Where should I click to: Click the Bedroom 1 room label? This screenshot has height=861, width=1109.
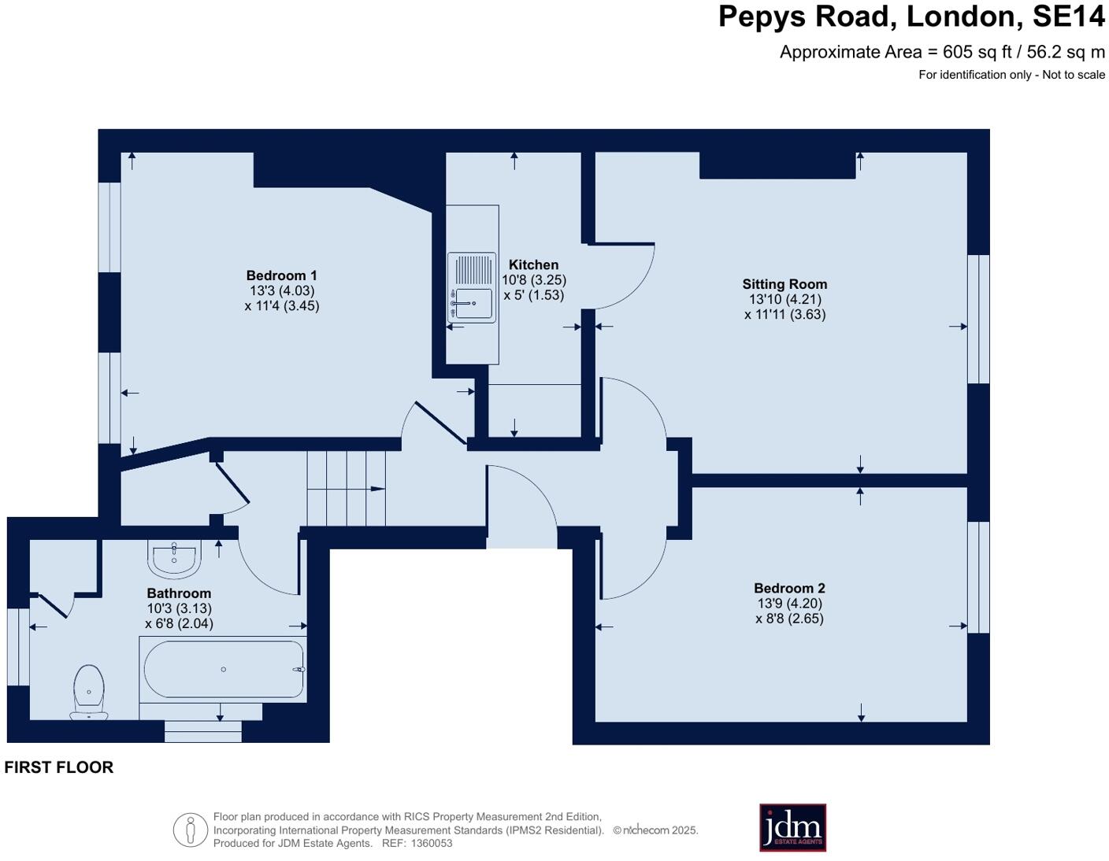(x=281, y=275)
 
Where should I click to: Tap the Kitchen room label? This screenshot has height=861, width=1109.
(x=533, y=265)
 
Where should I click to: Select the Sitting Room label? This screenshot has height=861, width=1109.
(x=784, y=284)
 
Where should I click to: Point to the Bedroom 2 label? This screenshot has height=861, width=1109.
(x=789, y=588)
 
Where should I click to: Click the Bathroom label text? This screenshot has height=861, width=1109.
(x=179, y=593)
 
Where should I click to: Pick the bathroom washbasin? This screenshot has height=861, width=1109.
(x=174, y=559)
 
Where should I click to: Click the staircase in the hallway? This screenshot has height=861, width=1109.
(x=346, y=489)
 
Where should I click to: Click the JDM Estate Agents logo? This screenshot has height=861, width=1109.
(x=792, y=827)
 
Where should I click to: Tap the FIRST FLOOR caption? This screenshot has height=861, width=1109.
(x=59, y=767)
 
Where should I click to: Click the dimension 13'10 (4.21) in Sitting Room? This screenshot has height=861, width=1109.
(x=784, y=299)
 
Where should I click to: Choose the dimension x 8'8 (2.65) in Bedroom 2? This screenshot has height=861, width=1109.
(x=789, y=619)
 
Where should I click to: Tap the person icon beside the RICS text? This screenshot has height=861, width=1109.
(x=190, y=830)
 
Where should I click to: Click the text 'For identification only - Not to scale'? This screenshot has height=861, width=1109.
(x=1011, y=75)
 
